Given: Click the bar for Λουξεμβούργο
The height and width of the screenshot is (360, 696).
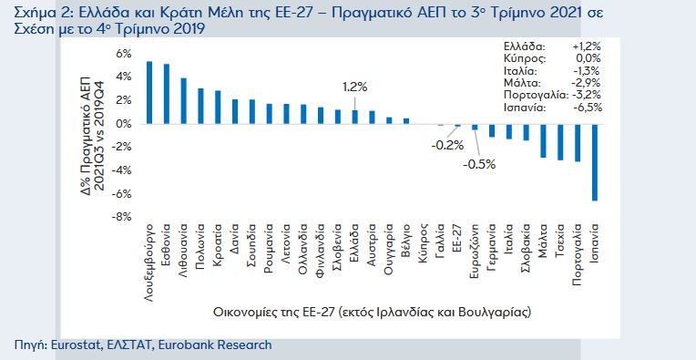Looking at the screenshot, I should tap(149, 92).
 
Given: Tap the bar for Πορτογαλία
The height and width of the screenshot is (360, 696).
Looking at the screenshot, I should tap(577, 142).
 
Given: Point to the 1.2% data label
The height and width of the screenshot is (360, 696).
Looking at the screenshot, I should tap(354, 87).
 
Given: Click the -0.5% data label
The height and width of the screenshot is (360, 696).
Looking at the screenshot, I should tap(478, 164).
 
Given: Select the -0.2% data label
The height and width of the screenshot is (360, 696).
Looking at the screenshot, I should tap(447, 145).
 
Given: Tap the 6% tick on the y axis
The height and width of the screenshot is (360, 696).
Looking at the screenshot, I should tap(123, 53).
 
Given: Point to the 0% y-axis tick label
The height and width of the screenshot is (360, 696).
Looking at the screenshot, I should tap(123, 123).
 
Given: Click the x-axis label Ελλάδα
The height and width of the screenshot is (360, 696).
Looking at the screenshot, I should tap(354, 244).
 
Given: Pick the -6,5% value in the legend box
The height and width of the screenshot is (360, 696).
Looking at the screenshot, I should tap(585, 107).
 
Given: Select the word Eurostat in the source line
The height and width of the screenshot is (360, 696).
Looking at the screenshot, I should tap(74, 345).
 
